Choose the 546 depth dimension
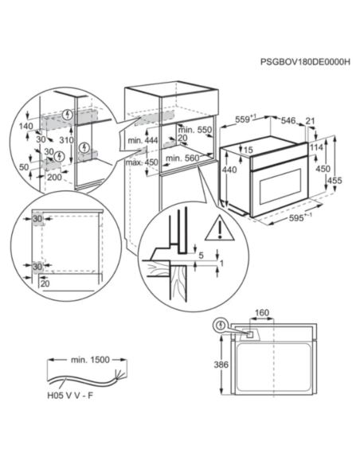288,119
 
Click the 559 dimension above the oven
246,120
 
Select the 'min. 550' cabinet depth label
193,129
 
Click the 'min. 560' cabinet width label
182,158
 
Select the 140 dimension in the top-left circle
25,127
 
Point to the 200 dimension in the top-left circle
55,178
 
